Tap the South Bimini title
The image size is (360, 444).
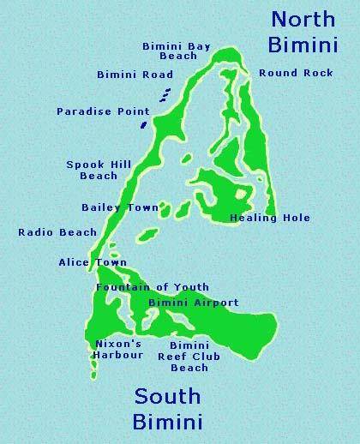pyautogui.click(x=168, y=409)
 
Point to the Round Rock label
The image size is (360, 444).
pyautogui.click(x=296, y=73)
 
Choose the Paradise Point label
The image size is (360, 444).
pyautogui.click(x=103, y=111)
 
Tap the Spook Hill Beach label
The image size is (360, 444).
pyautogui.click(x=92, y=170)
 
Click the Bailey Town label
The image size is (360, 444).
pyautogui.click(x=120, y=207)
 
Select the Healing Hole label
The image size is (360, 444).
pyautogui.click(x=270, y=218)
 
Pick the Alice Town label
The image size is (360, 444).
pyautogui.click(x=92, y=262)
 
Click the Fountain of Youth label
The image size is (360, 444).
pyautogui.click(x=153, y=287)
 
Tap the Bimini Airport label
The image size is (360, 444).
pyautogui.click(x=193, y=303)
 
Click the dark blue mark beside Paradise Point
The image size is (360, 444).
pyautogui.click(x=142, y=124)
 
